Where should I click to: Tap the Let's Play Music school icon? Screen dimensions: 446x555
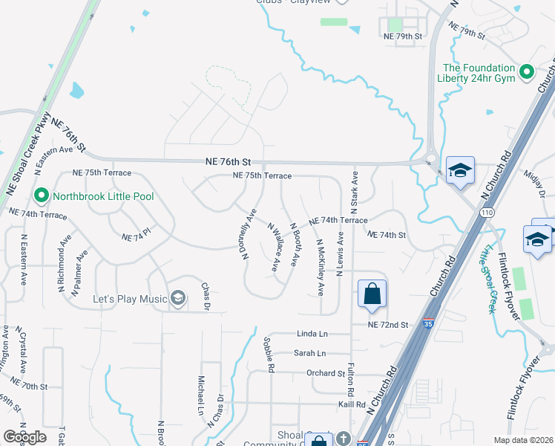(x=177, y=299)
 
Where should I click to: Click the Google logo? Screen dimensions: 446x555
(x=24, y=437)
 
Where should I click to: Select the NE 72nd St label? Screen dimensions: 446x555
(x=388, y=326)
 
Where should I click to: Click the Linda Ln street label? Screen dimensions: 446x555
(x=312, y=334)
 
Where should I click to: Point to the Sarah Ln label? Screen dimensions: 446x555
(x=310, y=354)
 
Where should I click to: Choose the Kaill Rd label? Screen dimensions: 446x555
(x=351, y=404)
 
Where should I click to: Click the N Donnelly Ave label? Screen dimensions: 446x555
(x=248, y=233)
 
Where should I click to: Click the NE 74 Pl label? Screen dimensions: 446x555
(x=137, y=237)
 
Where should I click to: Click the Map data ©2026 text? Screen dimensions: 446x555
(x=523, y=440)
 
